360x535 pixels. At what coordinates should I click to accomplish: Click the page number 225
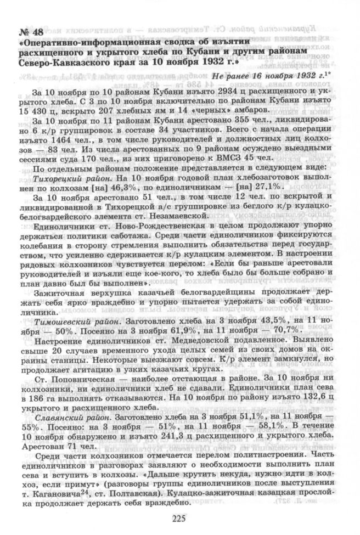click(179, 519)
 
